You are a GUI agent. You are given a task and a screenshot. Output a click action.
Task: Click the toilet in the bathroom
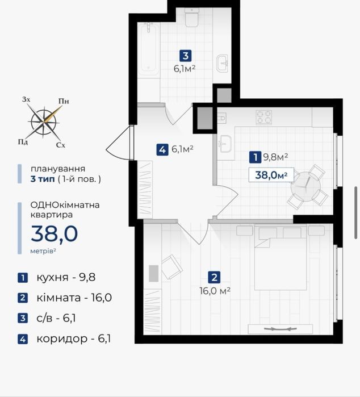tap(191, 17)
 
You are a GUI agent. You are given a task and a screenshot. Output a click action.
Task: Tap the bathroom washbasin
tap(222, 64)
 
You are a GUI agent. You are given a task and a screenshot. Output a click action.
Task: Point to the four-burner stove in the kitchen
tap(263, 117)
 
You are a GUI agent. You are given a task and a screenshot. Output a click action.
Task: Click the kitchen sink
tap(225, 144)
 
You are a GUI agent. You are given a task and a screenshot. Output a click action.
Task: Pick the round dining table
tap(305, 187)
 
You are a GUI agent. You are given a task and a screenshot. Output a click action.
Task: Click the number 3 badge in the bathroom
tap(186, 56)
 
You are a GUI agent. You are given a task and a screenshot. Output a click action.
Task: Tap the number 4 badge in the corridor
tap(162, 149)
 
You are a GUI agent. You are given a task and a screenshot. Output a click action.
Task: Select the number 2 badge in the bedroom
tap(214, 277)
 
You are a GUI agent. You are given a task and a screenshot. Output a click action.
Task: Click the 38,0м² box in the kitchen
tap(271, 175)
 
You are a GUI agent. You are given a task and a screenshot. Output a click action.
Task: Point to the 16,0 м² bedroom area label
tap(215, 291)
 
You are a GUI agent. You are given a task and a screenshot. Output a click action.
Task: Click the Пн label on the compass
tap(64, 101)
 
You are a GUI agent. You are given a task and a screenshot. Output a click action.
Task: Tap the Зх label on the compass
tap(26, 99)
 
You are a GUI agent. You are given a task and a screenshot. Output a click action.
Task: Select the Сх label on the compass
tap(61, 145)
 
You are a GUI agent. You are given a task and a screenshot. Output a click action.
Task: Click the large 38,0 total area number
tap(54, 233)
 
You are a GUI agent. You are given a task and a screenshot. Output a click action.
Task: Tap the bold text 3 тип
tap(43, 179)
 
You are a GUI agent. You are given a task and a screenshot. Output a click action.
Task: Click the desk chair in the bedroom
tap(172, 267)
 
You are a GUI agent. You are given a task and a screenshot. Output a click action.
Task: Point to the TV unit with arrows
tap(281, 329)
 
